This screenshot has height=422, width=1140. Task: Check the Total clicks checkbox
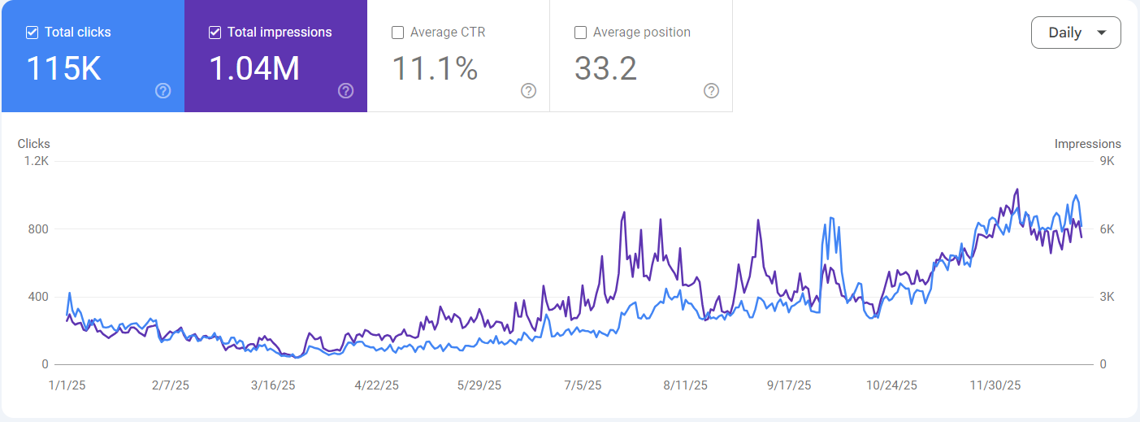[33, 33]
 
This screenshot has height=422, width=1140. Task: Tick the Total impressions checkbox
[215, 33]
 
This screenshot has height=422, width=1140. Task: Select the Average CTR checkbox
[398, 33]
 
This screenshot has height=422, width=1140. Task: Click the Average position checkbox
[581, 33]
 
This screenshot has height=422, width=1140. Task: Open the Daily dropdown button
[1076, 33]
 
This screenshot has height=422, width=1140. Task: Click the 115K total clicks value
[64, 69]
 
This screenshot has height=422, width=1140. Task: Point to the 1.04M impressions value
[254, 69]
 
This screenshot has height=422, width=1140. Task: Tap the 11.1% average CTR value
[435, 69]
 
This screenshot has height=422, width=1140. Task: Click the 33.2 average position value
[605, 69]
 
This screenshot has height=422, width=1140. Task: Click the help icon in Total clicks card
[163, 90]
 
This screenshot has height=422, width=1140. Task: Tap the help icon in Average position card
[711, 90]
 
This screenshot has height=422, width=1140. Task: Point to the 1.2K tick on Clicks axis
[36, 161]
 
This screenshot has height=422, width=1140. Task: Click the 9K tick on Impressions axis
[1107, 161]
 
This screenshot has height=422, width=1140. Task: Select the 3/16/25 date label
[272, 385]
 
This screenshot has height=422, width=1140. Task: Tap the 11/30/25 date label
[995, 385]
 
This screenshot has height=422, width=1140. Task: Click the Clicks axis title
[34, 144]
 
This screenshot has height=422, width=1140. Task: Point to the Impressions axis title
[1087, 144]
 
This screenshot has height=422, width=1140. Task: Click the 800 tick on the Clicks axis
[38, 229]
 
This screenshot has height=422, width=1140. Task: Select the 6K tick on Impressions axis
[1107, 229]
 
